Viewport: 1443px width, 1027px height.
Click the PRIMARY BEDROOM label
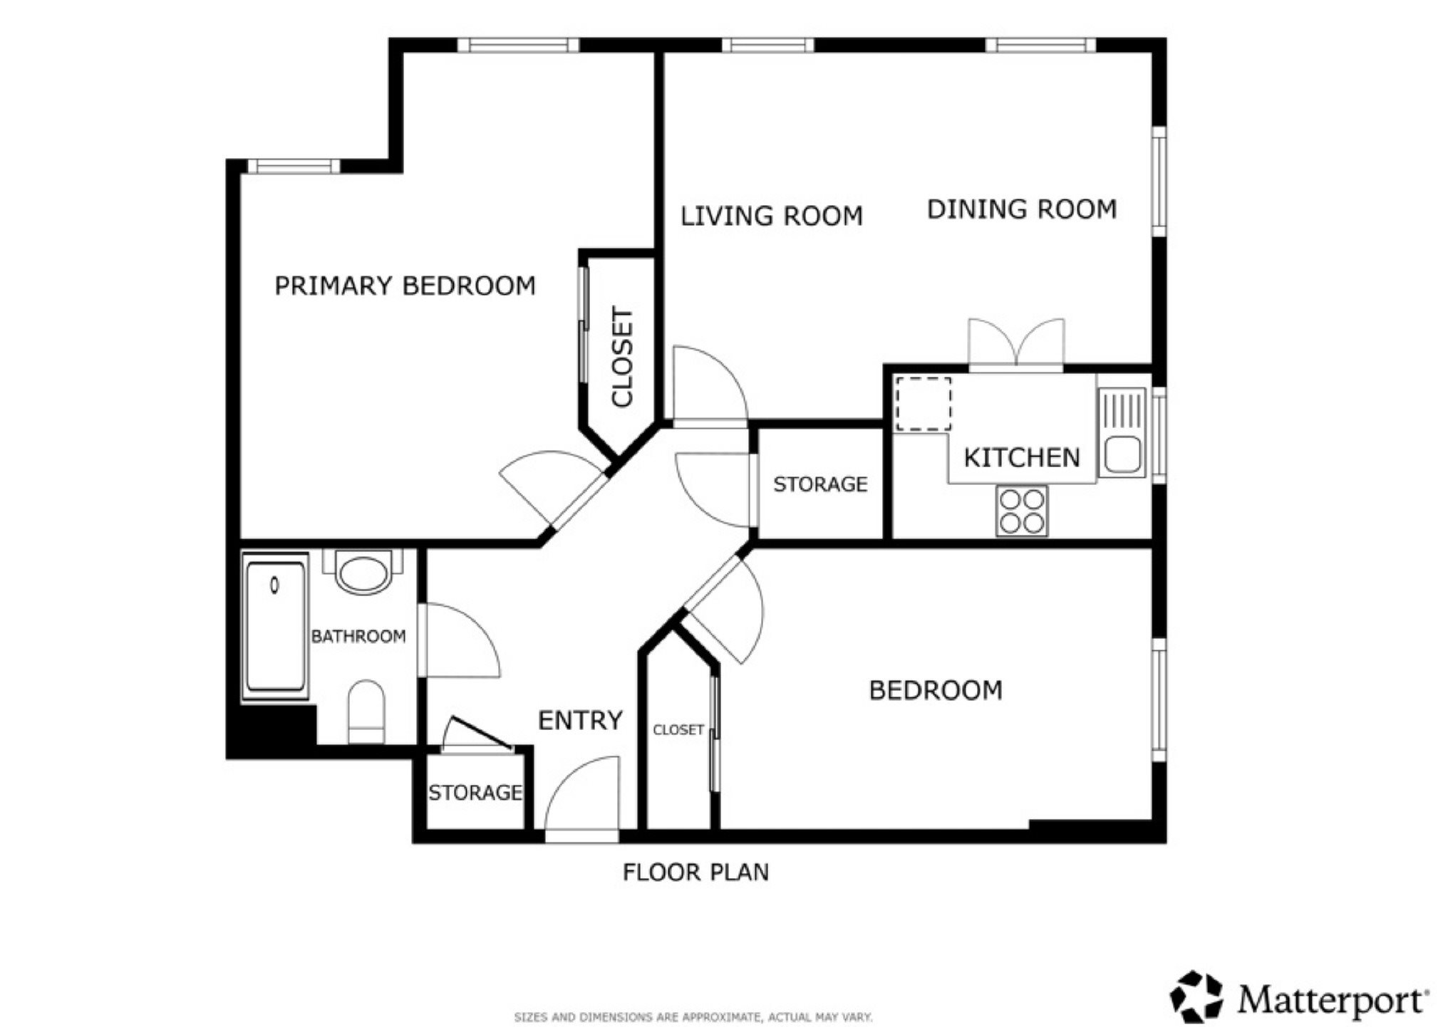pos(405,286)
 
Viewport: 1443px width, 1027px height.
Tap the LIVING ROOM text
pos(771,216)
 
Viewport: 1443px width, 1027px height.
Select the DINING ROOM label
pos(1022,209)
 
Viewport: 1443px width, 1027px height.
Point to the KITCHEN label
pos(1022,457)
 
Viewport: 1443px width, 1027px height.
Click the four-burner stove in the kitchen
pos(1022,511)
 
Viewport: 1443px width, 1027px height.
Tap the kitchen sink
pos(1122,432)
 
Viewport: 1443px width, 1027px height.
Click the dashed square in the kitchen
pos(923,404)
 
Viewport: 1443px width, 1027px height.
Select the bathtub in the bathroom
pos(275,627)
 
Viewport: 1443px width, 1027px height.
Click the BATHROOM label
pos(358,636)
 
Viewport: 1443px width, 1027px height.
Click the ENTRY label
pos(580,721)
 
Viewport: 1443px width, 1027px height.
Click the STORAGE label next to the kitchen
pos(820,484)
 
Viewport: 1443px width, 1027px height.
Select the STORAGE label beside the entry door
pos(475,793)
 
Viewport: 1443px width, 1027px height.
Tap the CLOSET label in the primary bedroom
pos(622,357)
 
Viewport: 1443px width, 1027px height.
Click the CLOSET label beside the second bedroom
pos(678,730)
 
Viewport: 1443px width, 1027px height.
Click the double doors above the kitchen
pos(1016,344)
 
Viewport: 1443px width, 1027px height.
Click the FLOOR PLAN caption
pos(696,872)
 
